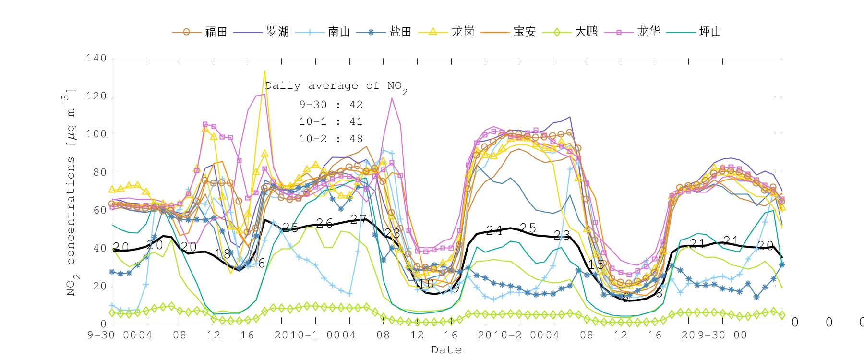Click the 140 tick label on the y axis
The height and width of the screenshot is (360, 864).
pyautogui.click(x=96, y=59)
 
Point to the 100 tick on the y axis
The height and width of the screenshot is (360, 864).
pyautogui.click(x=96, y=134)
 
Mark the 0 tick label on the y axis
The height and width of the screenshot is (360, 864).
pyautogui.click(x=103, y=324)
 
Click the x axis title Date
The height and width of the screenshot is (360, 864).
pyautogui.click(x=446, y=350)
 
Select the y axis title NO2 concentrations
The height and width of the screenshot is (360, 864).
pyautogui.click(x=71, y=192)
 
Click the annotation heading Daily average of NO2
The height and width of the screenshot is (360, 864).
pyautogui.click(x=336, y=86)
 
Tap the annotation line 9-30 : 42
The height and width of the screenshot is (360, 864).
pyautogui.click(x=331, y=105)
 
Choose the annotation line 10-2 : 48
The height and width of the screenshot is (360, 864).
pyautogui.click(x=331, y=139)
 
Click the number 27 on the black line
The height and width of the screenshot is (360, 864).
pyautogui.click(x=358, y=220)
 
